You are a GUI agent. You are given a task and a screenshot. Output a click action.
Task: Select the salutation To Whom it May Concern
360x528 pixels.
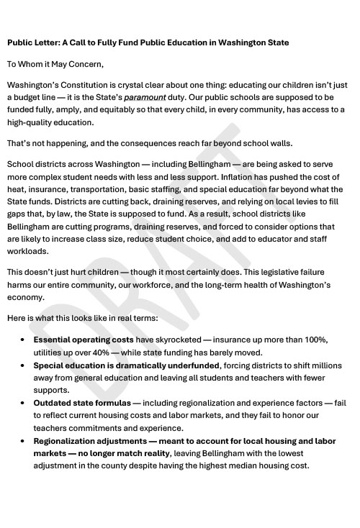55,65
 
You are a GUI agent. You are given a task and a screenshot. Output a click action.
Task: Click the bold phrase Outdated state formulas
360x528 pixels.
82,403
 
